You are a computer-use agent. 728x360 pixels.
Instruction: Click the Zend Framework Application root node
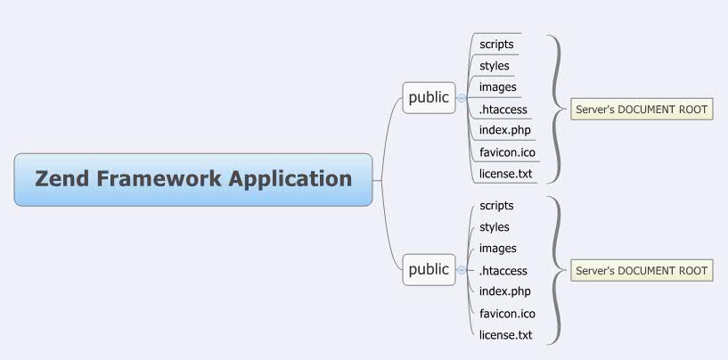coord(193,179)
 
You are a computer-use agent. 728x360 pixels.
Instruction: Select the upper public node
coord(429,98)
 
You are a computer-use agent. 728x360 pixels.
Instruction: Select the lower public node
coord(429,269)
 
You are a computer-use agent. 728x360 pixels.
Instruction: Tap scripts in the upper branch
coord(496,44)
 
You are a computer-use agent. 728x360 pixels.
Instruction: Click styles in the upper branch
coord(495,66)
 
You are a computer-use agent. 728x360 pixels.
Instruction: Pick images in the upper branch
coord(497,87)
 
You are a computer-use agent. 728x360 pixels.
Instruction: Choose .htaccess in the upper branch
coord(503,110)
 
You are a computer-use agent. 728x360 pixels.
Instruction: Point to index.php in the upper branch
coord(504,131)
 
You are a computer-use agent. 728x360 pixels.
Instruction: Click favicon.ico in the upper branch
coord(507,152)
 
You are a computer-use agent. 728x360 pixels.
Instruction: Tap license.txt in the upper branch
coord(505,174)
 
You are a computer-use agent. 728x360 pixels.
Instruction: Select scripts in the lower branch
coord(496,206)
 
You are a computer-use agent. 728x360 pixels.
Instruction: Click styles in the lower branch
coord(495,227)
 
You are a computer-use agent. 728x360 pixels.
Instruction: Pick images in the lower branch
coord(497,249)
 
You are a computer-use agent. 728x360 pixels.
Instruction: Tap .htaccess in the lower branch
coord(503,271)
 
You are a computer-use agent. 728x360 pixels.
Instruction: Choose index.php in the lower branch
coord(504,291)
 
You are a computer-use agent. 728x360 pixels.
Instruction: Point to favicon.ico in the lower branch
coord(507,314)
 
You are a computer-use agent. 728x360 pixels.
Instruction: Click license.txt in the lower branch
coord(505,335)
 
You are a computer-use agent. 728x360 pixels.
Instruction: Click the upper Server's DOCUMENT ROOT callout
coord(642,110)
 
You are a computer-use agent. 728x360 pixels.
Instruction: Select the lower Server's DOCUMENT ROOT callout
coord(642,271)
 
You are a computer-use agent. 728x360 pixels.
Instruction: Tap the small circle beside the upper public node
coord(461,98)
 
